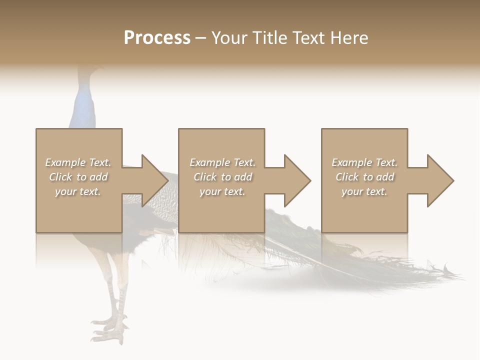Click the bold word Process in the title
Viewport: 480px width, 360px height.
[157, 38]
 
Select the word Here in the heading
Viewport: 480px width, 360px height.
[349, 38]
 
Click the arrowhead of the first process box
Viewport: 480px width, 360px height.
[155, 180]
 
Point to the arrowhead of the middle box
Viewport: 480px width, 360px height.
[298, 180]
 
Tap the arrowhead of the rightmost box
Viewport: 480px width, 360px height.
[441, 180]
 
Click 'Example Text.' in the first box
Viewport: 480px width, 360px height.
[78, 162]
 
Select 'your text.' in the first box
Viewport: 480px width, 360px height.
[78, 191]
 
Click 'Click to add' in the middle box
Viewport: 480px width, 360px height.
[222, 177]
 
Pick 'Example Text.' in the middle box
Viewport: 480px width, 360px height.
[222, 162]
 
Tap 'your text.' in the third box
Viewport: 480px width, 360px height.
[364, 191]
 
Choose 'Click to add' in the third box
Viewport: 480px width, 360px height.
[365, 177]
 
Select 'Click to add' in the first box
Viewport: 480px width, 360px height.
[78, 177]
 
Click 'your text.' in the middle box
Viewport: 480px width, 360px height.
[222, 191]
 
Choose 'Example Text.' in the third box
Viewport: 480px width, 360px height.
[364, 162]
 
